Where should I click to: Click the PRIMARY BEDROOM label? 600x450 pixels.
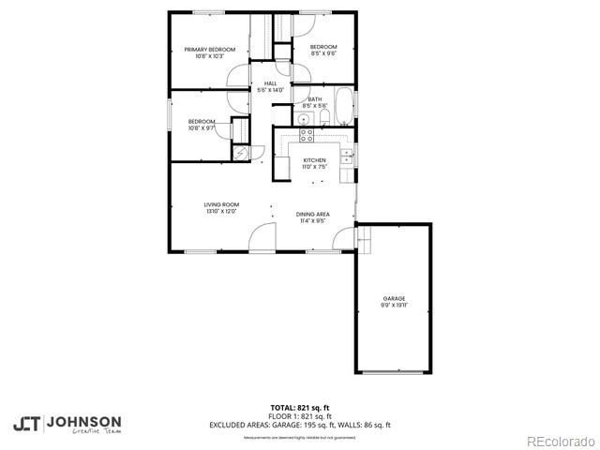pyautogui.click(x=209, y=49)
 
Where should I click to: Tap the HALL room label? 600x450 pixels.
pyautogui.click(x=270, y=83)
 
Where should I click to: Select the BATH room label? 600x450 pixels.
pyautogui.click(x=314, y=99)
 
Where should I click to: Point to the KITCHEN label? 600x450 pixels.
pyautogui.click(x=314, y=160)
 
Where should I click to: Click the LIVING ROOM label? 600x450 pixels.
pyautogui.click(x=222, y=204)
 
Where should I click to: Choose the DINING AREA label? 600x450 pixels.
pyautogui.click(x=312, y=215)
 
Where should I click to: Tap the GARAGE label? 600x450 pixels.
pyautogui.click(x=393, y=298)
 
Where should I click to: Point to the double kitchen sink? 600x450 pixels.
pyautogui.click(x=346, y=155)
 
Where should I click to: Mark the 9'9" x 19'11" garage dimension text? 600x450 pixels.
pyautogui.click(x=393, y=306)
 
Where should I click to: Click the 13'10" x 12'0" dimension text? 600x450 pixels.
pyautogui.click(x=222, y=212)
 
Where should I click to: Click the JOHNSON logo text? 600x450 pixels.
pyautogui.click(x=83, y=421)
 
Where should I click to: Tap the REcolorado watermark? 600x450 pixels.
pyautogui.click(x=559, y=441)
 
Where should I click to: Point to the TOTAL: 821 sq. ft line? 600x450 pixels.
pyautogui.click(x=300, y=408)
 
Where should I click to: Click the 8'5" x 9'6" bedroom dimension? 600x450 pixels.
pyautogui.click(x=323, y=53)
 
